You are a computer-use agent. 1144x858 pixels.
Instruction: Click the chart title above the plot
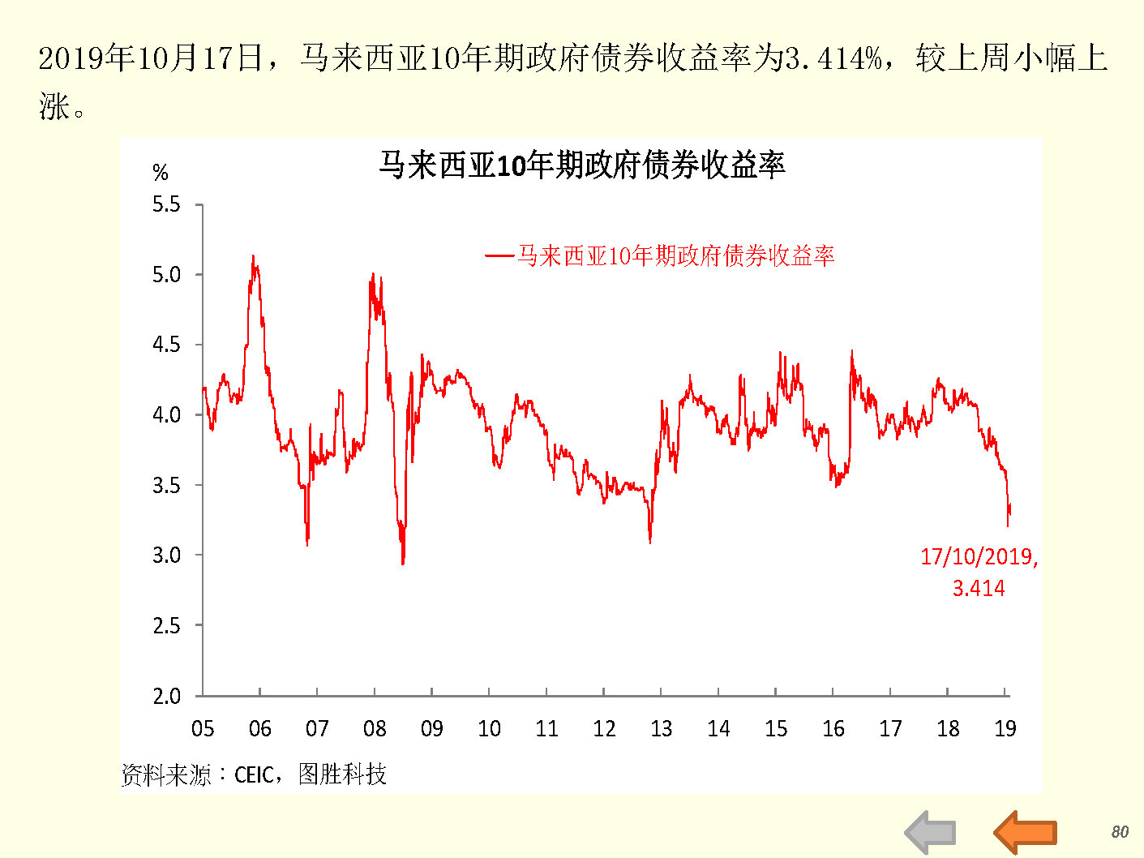[x=581, y=165]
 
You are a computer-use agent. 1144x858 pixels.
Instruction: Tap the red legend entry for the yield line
[x=660, y=256]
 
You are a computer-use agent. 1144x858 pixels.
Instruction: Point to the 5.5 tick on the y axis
[x=167, y=204]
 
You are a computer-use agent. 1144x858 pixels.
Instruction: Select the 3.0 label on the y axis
[x=167, y=556]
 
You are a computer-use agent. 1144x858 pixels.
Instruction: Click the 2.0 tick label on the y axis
[x=167, y=696]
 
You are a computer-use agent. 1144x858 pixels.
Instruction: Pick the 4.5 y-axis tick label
[x=167, y=345]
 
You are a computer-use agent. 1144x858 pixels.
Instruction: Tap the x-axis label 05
[x=203, y=728]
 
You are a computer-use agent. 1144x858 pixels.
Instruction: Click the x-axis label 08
[x=375, y=728]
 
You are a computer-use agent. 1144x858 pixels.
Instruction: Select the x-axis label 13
[x=661, y=728]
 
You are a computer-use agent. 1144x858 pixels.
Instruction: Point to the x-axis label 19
[x=1005, y=728]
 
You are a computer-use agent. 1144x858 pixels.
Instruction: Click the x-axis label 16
[x=833, y=728]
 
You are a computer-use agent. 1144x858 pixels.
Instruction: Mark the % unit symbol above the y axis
[x=161, y=173]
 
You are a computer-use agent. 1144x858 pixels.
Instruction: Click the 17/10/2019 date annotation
[x=979, y=557]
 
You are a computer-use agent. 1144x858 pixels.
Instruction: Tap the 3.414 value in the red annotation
[x=979, y=588]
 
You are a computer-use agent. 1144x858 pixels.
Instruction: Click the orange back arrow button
[x=1026, y=832]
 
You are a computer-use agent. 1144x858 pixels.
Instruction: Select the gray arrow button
[x=931, y=832]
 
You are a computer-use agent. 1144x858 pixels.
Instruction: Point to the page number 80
[x=1120, y=832]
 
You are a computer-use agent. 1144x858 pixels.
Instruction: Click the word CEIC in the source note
[x=254, y=775]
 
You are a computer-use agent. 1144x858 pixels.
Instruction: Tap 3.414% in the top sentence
[x=833, y=58]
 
